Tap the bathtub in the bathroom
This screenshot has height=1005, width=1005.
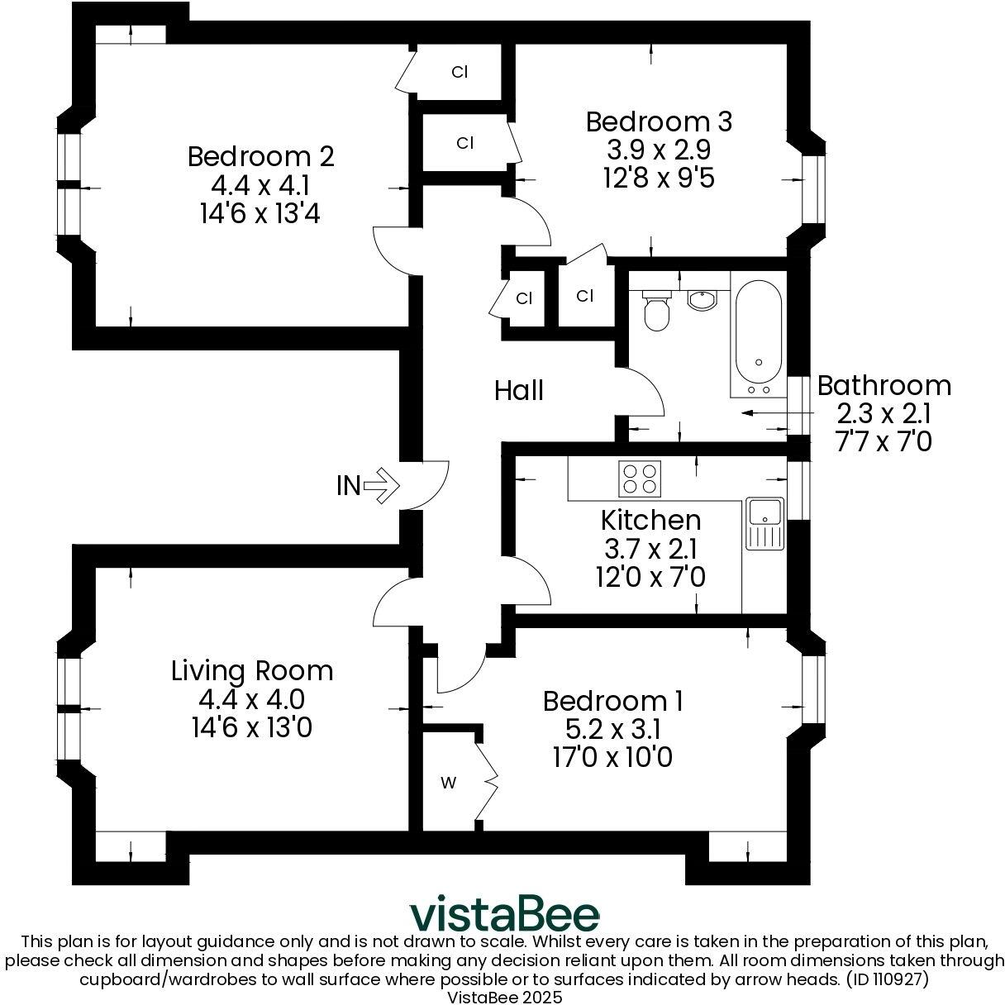(x=758, y=335)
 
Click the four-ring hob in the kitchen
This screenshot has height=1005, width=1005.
(x=641, y=479)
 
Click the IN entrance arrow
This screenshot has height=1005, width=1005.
(x=380, y=485)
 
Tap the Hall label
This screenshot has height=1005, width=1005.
(x=519, y=390)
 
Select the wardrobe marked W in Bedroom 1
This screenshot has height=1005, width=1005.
(x=447, y=783)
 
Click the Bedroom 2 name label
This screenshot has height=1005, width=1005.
(x=260, y=156)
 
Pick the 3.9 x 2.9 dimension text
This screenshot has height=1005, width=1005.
(x=659, y=150)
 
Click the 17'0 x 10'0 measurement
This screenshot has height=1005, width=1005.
(x=612, y=757)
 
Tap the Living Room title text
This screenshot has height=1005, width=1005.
(x=252, y=670)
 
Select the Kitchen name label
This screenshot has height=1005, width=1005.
(x=650, y=520)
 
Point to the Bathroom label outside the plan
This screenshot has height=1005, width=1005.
(x=884, y=386)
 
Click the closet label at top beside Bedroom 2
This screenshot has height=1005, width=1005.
(x=460, y=72)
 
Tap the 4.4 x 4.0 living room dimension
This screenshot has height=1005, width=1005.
(x=252, y=699)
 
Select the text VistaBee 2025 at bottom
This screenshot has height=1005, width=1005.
(x=504, y=997)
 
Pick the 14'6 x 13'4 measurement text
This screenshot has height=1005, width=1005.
(x=260, y=214)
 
